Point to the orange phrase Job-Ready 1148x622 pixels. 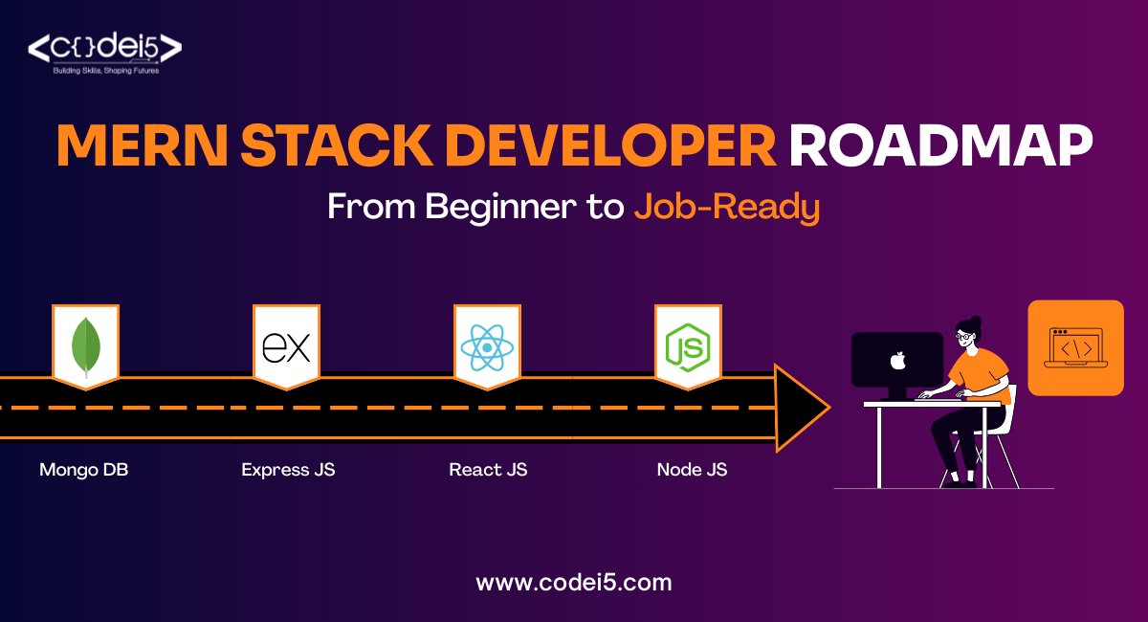[x=727, y=207]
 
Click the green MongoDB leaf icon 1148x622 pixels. [x=85, y=345]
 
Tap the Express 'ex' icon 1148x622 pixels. [x=286, y=346]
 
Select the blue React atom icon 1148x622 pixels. [x=487, y=346]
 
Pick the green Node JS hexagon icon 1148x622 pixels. [x=688, y=346]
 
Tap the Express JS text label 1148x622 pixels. [x=288, y=470]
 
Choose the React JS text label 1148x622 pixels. [x=488, y=470]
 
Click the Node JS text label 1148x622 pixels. [x=692, y=470]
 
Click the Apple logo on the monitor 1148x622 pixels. [x=897, y=361]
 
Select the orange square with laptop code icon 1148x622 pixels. [x=1075, y=347]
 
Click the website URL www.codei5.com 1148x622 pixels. [x=574, y=582]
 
